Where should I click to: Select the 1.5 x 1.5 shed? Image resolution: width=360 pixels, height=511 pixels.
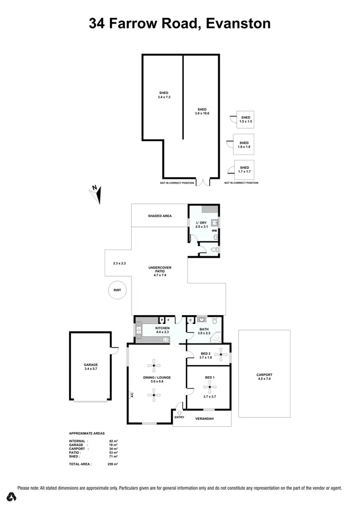pos(245,119)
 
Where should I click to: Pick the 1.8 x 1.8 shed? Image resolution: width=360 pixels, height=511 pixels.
pos(244,145)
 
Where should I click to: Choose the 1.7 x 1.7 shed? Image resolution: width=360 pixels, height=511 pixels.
pos(244,169)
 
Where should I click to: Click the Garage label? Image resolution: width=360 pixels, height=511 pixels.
pos(91,365)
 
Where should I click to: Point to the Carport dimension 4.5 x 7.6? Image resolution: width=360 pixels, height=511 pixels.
pos(264,380)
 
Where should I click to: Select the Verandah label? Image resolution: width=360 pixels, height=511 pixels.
pos(204,418)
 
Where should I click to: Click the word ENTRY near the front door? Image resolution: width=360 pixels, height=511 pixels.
pos(179,417)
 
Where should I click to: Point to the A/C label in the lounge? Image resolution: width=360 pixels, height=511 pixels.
pos(131,395)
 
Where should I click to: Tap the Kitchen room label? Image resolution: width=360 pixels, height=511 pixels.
pos(163,328)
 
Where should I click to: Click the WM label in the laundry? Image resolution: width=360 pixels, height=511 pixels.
pos(214,231)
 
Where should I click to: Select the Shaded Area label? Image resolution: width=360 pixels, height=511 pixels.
pos(160,216)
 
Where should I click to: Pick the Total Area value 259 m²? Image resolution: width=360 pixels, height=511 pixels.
pos(113,464)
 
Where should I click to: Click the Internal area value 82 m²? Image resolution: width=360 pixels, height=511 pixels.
pos(113,441)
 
